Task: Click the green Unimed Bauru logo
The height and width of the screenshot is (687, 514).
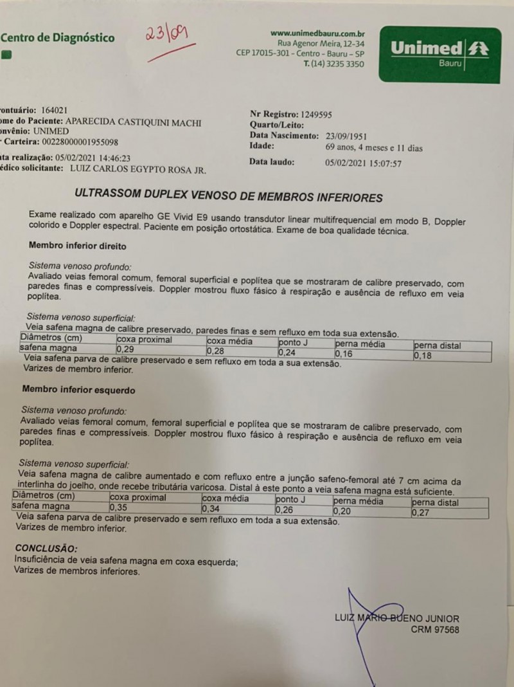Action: [x=439, y=54]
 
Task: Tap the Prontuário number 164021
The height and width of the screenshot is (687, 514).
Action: [x=54, y=110]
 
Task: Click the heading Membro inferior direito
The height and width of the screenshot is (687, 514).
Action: [x=77, y=246]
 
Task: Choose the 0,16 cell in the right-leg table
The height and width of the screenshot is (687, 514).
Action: [x=345, y=353]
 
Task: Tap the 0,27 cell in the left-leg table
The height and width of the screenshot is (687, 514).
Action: [x=420, y=512]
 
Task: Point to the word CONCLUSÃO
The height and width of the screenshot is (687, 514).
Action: [x=46, y=549]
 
